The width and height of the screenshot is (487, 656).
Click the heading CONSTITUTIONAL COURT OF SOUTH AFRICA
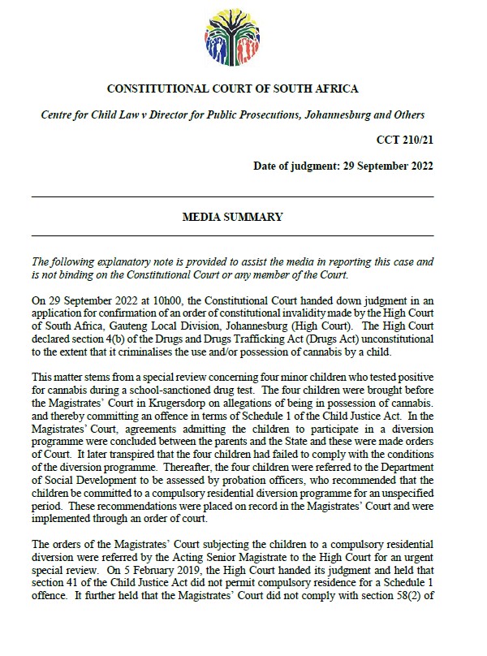tap(232, 88)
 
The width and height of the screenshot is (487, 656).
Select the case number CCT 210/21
tap(412, 140)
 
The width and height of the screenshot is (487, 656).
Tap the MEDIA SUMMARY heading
tap(231, 217)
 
